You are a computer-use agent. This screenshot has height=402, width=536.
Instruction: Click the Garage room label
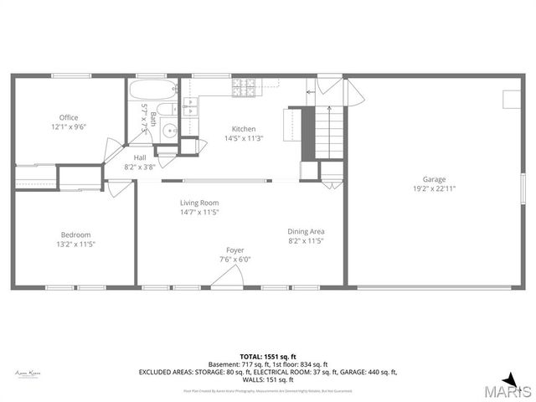pos(433,178)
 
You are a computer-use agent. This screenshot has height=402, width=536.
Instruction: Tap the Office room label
pos(68,117)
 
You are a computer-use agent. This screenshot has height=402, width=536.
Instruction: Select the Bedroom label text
pos(75,234)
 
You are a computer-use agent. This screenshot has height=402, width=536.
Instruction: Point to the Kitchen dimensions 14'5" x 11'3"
pos(244,139)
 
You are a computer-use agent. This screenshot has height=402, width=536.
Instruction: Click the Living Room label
pos(198,203)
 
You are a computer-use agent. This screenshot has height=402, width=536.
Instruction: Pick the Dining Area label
pos(306,231)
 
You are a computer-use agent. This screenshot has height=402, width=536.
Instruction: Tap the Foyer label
pos(235,250)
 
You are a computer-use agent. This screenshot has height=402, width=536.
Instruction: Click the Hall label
pos(140,157)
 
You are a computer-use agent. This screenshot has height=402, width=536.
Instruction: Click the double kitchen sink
pos(190,106)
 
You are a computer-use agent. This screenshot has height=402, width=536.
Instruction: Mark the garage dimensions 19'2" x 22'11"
pos(433,188)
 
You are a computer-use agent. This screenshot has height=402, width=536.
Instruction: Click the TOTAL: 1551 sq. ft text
pos(267,357)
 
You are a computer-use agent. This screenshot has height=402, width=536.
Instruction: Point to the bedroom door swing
pos(121,188)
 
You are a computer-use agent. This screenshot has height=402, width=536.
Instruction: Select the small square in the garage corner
pos(509,99)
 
